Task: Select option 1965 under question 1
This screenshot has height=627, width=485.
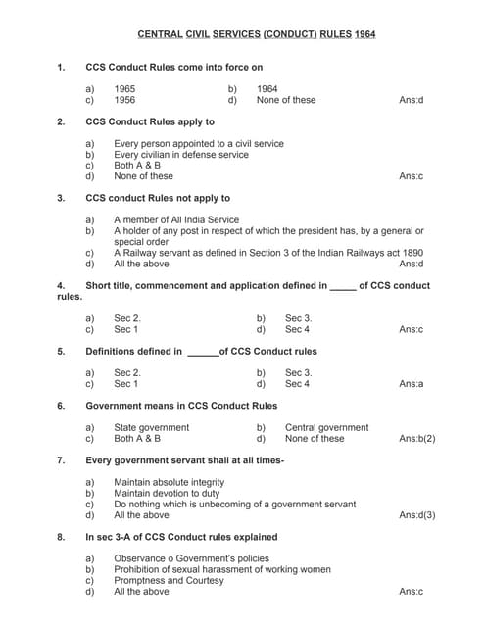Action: tap(124, 89)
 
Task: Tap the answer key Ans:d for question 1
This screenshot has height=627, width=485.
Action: tap(412, 100)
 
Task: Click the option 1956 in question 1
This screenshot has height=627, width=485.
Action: tap(124, 100)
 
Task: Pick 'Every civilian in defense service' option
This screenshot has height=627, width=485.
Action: tap(181, 155)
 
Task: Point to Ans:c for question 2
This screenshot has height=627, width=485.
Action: tap(412, 176)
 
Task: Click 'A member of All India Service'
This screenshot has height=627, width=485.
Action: tap(176, 220)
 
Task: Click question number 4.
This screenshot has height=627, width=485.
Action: tap(62, 286)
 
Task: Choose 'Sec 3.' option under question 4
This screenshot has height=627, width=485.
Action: tap(298, 318)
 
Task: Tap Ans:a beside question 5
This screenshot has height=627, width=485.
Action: tap(412, 384)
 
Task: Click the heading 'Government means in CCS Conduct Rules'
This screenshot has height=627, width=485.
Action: tap(181, 406)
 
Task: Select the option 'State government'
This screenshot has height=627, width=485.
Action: tap(152, 428)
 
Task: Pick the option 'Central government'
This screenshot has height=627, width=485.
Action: tap(326, 428)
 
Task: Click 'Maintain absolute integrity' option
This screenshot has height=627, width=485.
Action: tap(169, 482)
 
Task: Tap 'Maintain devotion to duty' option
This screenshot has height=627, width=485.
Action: tap(168, 493)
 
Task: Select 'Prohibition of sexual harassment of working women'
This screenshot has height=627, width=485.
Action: tap(222, 569)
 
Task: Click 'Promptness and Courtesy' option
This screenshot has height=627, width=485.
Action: tap(169, 580)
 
